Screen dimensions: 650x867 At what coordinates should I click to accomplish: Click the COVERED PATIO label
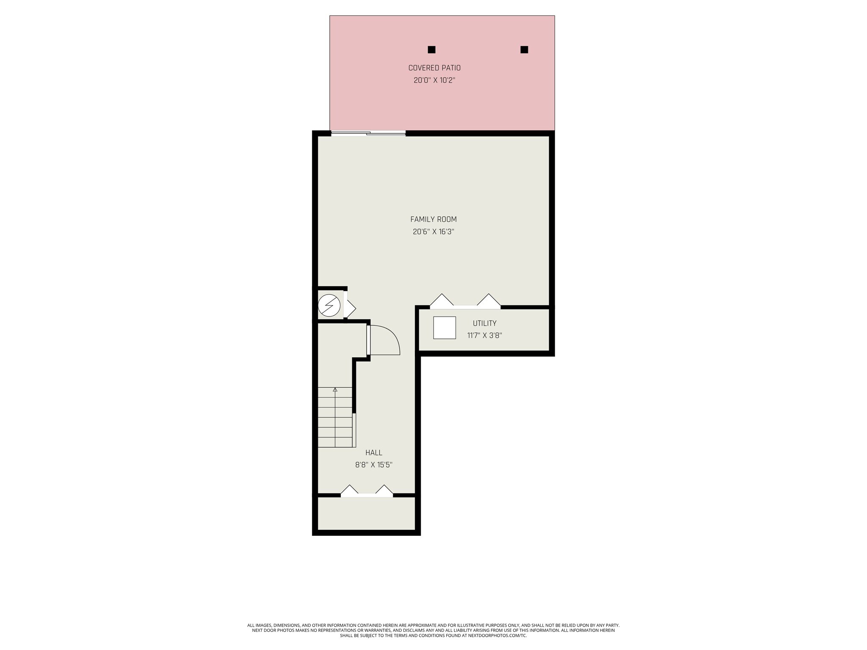click(x=434, y=68)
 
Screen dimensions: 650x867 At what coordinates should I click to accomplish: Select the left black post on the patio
click(x=431, y=50)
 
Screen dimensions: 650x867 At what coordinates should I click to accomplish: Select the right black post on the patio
click(x=524, y=50)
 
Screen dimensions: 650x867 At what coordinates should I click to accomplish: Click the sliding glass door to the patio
click(x=368, y=133)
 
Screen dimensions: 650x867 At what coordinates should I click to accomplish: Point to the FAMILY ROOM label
click(x=433, y=219)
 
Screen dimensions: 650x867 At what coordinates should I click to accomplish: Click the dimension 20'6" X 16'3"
click(x=433, y=232)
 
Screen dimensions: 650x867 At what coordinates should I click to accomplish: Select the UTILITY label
click(x=484, y=323)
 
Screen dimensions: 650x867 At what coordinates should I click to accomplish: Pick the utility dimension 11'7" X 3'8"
click(x=484, y=336)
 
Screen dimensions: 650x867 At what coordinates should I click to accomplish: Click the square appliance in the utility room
click(x=444, y=328)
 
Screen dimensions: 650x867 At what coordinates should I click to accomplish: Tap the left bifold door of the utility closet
click(x=442, y=300)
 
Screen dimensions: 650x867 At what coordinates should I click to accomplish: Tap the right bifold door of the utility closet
click(x=489, y=300)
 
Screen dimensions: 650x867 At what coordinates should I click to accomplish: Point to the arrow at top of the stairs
click(x=335, y=390)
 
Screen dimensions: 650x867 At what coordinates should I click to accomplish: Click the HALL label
click(x=373, y=453)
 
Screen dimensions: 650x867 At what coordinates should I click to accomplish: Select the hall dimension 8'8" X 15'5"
click(x=373, y=465)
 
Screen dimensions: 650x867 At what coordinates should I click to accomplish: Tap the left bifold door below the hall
click(x=350, y=490)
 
